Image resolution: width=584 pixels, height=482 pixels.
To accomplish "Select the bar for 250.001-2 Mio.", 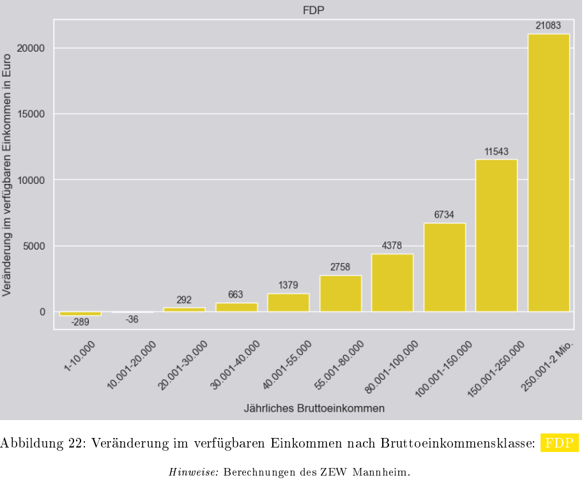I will click(x=548, y=172).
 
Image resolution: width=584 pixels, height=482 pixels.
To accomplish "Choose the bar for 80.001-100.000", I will click(x=392, y=283).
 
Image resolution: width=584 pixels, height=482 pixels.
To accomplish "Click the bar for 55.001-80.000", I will click(x=340, y=293).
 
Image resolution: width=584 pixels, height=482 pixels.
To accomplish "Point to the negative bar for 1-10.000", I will click(x=80, y=313).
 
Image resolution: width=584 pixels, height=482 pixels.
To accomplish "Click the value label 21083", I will click(x=548, y=26).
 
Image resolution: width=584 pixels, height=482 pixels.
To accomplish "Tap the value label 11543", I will click(x=496, y=152).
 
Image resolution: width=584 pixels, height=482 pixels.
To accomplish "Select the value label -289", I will click(x=80, y=322).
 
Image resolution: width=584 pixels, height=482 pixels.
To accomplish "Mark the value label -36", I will click(x=132, y=319).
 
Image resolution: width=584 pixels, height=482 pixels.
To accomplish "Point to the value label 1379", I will click(x=288, y=285).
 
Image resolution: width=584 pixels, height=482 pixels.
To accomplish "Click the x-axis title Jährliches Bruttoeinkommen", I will click(x=314, y=408).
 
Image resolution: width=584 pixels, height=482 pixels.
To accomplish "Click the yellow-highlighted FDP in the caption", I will click(x=559, y=443).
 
